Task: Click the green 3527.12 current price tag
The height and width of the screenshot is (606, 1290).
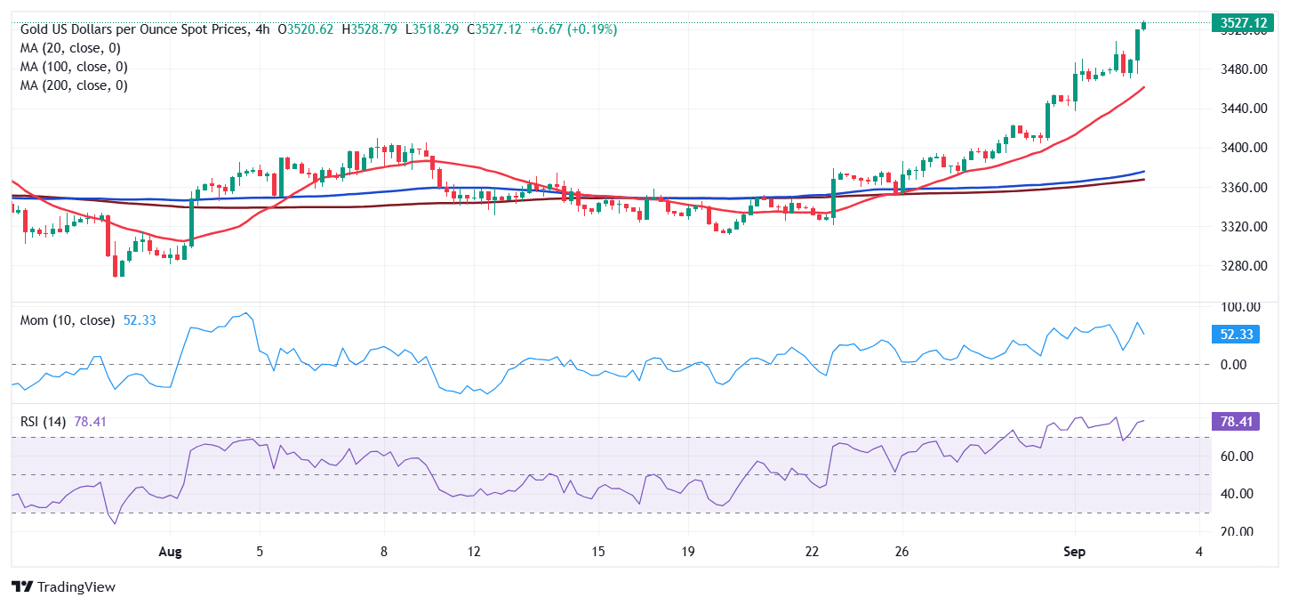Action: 1243,22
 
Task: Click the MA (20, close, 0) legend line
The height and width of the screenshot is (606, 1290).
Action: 70,48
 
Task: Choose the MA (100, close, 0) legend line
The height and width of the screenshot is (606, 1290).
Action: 74,67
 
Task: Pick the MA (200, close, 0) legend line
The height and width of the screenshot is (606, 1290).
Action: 74,85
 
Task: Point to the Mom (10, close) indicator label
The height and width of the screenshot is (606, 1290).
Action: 68,320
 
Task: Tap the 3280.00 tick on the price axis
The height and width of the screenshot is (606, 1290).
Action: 1242,266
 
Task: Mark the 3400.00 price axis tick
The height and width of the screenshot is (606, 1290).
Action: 1242,148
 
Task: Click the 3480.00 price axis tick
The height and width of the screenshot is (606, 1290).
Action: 1242,69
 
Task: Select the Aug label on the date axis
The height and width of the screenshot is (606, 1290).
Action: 169,552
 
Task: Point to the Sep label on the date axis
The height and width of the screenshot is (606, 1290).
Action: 1074,552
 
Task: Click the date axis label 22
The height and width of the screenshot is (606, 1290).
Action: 811,552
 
